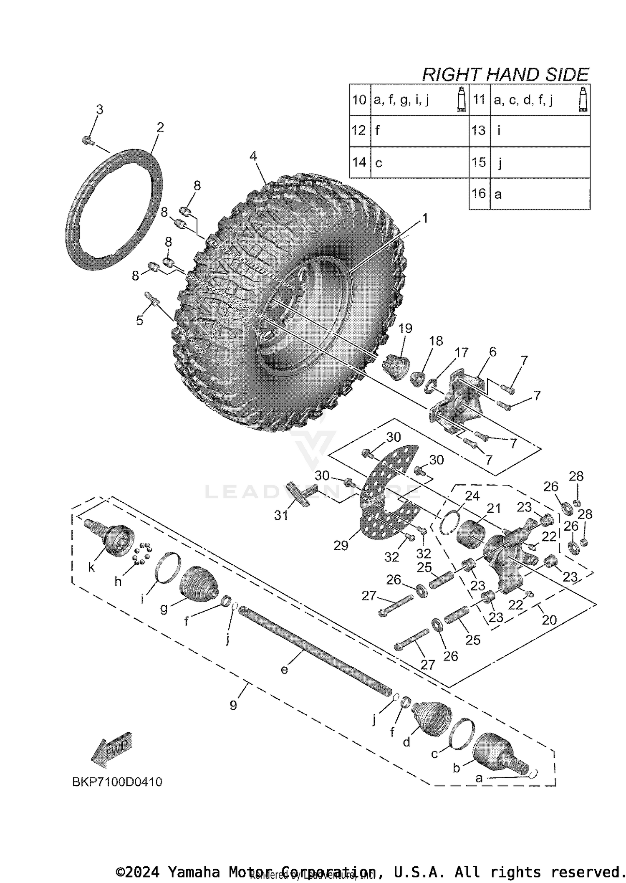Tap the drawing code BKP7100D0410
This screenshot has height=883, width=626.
click(117, 782)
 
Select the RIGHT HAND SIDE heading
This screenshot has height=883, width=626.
click(505, 75)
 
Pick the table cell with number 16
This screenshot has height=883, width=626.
click(479, 193)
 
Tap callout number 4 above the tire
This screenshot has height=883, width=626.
click(253, 156)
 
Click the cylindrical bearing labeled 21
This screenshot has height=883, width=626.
click(472, 532)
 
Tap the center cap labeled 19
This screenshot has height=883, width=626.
click(396, 366)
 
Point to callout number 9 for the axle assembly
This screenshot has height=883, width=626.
click(233, 705)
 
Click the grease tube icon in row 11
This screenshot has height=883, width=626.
click(583, 99)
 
